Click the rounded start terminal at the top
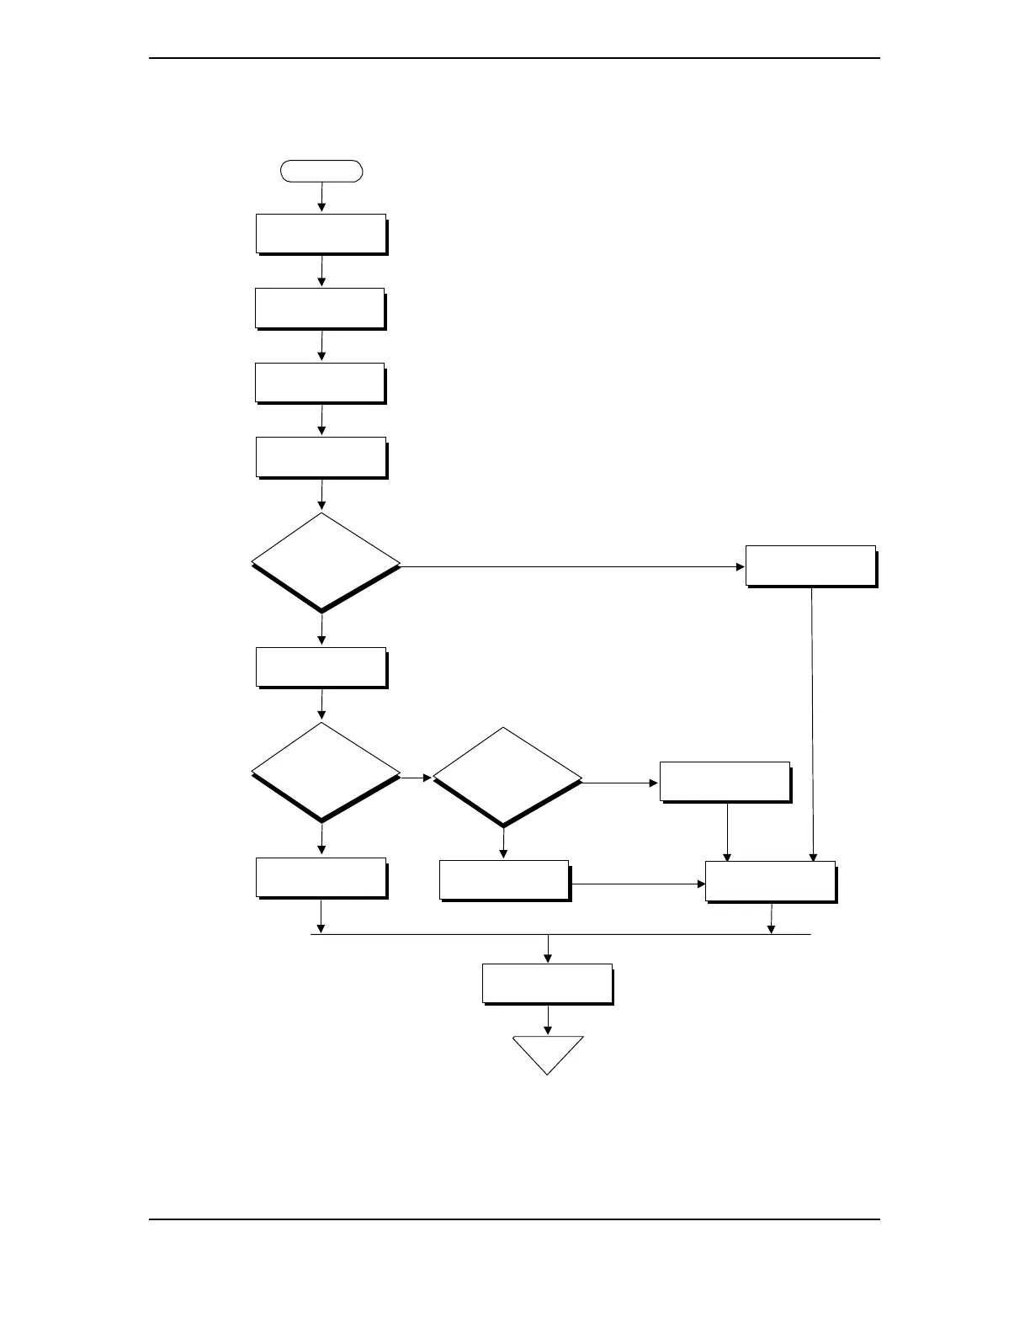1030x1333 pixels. click(321, 171)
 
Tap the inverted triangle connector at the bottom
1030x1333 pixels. click(548, 1051)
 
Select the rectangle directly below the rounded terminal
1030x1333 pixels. click(321, 233)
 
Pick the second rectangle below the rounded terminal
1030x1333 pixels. click(320, 308)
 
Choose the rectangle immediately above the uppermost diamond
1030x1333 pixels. click(321, 457)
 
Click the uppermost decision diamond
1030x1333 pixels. click(325, 561)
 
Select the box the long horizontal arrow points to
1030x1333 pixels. click(810, 566)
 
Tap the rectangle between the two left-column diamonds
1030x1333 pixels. click(321, 667)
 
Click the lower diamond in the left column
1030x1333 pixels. click(325, 771)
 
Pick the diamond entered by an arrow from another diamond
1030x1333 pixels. click(507, 776)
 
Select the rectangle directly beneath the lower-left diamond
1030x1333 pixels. click(321, 878)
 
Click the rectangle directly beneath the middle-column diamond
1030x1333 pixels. click(504, 880)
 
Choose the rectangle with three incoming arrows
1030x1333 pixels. click(770, 881)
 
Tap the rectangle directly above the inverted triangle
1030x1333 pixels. click(547, 984)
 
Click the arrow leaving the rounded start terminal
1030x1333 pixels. click(321, 196)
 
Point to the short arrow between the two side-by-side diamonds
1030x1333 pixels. click(416, 778)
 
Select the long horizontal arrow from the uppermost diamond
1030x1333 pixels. click(572, 566)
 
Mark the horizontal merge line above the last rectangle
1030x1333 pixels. click(560, 934)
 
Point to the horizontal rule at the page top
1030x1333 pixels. click(514, 58)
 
